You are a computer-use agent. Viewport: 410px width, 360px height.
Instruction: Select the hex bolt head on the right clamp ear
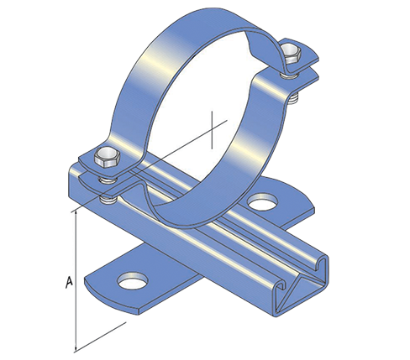[292, 55]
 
